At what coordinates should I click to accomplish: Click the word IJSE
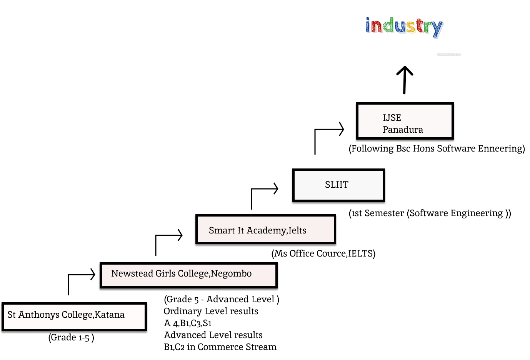click(x=392, y=118)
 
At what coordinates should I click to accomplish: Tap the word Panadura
click(x=403, y=130)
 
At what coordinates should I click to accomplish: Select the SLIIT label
click(x=337, y=185)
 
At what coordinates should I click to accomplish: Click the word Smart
click(x=222, y=230)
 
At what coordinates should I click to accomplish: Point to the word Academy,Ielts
click(x=277, y=230)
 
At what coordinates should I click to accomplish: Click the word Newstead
click(x=132, y=273)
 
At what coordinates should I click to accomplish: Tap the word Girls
click(x=165, y=273)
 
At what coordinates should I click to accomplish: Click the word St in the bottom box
click(x=12, y=315)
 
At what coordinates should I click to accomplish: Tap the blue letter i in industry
click(x=368, y=25)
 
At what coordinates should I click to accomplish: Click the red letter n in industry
click(x=377, y=27)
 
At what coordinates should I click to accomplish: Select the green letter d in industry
click(x=389, y=25)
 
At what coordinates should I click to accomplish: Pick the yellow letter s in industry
click(x=411, y=27)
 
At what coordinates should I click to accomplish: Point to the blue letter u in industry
click(x=401, y=27)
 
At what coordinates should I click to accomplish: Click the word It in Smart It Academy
click(x=241, y=230)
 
